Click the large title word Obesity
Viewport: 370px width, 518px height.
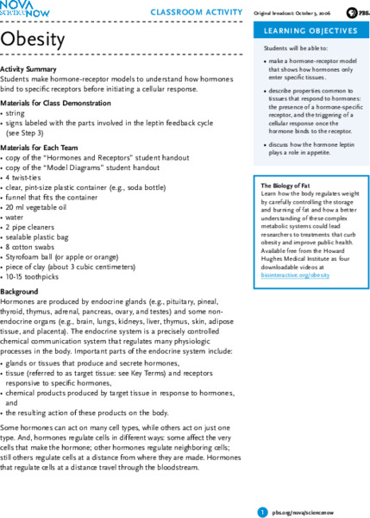(32, 39)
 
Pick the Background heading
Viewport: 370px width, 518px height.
(19, 292)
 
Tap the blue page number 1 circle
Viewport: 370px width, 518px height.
(262, 489)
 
